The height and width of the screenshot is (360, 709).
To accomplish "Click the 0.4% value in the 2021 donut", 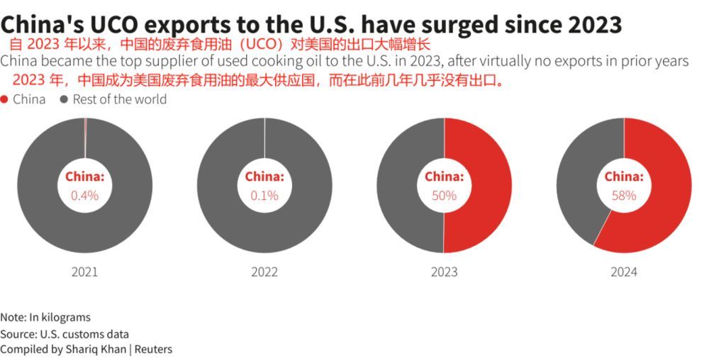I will pos(85,196).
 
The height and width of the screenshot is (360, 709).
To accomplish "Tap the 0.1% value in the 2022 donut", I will pos(264,196).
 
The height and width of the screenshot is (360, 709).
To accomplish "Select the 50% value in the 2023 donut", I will pos(444,196).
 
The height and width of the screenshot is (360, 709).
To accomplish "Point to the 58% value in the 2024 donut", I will pos(624,196).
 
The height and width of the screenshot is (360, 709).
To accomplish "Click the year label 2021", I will pos(85,271).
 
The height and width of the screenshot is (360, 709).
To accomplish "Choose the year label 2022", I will pos(264,271).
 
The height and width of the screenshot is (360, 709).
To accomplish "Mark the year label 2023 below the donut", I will pos(444,271).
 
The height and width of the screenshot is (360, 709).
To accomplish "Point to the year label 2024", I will pos(624,271).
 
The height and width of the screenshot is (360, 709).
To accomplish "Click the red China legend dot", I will pos(5,99).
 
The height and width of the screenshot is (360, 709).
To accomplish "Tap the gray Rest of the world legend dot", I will pos(65,99).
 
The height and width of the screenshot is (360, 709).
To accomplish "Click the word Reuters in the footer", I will pos(153,349).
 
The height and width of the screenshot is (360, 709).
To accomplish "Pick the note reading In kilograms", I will pos(60,317).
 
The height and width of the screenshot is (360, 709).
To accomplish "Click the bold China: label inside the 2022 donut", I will pos(264,176).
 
